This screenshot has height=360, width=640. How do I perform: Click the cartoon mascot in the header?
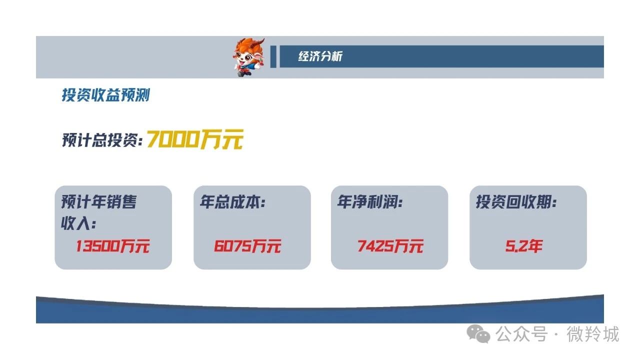[x=248, y=57]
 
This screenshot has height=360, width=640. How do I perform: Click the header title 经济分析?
[x=320, y=56]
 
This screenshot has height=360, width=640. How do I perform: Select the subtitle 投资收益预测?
[x=105, y=95]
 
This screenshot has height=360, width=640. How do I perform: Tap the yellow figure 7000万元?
[x=195, y=139]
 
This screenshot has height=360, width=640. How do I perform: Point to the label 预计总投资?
[x=102, y=140]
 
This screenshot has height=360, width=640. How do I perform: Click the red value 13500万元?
[x=112, y=246]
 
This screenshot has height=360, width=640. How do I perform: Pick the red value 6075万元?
[x=247, y=246]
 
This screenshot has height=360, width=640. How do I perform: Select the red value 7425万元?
[x=390, y=246]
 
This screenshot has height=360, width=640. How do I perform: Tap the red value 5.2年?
[x=523, y=246]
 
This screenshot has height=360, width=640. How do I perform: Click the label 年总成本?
[x=233, y=202]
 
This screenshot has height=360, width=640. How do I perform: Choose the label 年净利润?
[x=370, y=202]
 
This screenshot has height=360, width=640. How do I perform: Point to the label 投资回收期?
[x=516, y=202]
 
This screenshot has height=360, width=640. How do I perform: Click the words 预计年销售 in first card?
[x=99, y=202]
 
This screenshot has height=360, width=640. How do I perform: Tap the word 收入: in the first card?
[x=78, y=223]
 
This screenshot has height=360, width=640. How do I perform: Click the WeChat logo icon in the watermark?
[x=478, y=333]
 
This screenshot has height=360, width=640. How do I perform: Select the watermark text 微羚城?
[x=593, y=333]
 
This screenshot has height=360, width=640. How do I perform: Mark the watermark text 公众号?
[x=521, y=333]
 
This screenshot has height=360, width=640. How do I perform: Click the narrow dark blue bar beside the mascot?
[x=273, y=56]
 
